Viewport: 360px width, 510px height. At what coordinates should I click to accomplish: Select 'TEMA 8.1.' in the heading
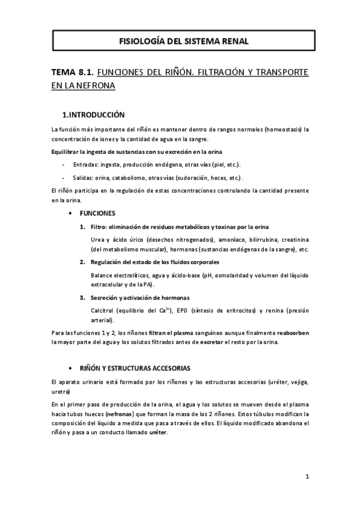point(71,72)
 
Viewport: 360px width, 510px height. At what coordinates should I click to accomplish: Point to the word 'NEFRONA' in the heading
point(94,85)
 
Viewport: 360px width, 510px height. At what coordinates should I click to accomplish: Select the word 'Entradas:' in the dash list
point(86,165)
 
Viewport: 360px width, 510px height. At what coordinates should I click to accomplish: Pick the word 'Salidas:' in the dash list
point(84,177)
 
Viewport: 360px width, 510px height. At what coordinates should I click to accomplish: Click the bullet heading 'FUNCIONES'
point(97,214)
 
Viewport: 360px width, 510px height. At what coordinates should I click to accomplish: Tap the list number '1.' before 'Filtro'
point(82,226)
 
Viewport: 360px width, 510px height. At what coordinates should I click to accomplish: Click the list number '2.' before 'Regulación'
point(82,262)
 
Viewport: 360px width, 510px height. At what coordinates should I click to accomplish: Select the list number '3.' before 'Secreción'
point(82,298)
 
